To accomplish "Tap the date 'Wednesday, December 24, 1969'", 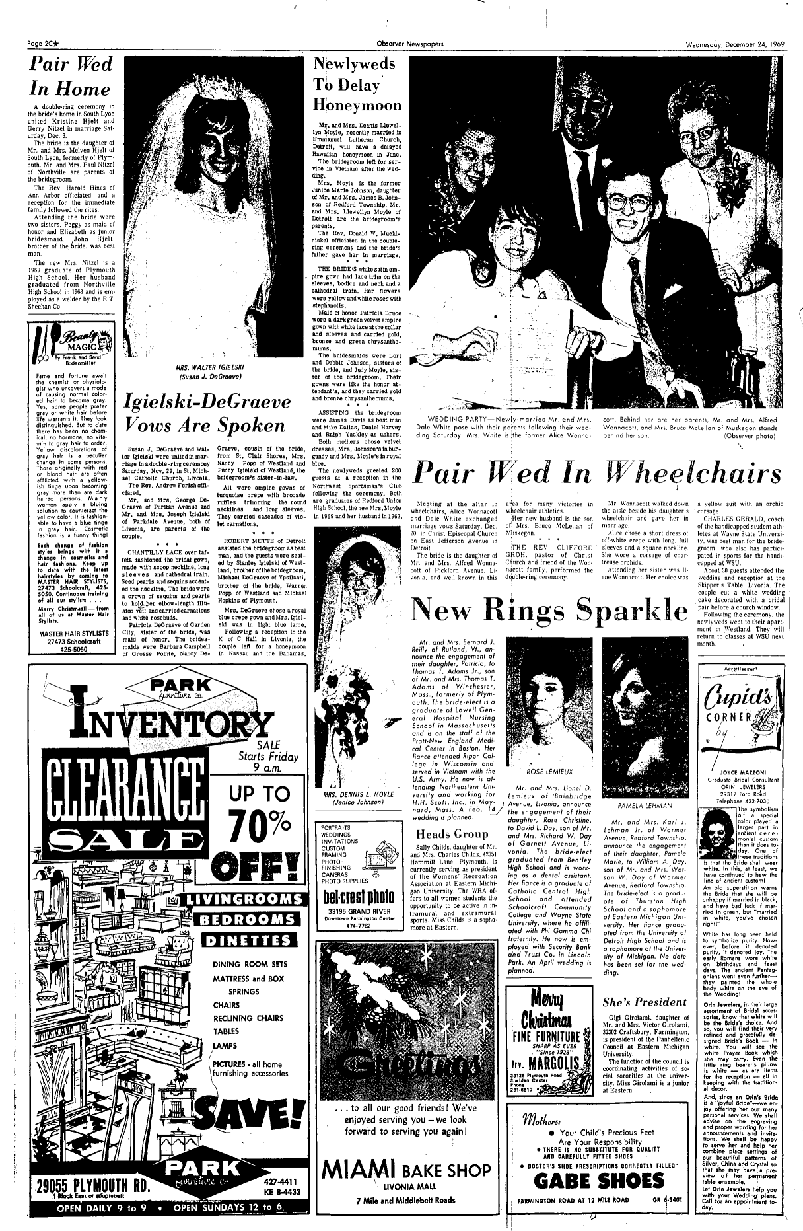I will (732, 45).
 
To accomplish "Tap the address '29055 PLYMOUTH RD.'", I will (73, 1179).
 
